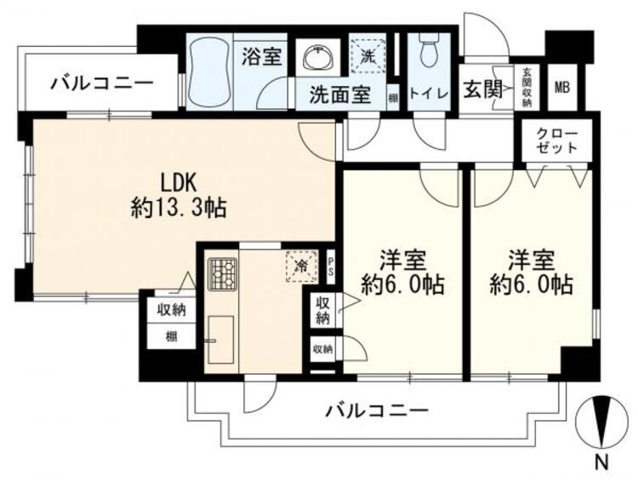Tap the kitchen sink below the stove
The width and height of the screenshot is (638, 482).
coord(220,338)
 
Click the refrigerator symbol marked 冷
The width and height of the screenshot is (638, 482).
coord(300,266)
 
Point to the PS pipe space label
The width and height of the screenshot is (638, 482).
coord(331,266)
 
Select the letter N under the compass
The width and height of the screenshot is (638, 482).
coord(601,463)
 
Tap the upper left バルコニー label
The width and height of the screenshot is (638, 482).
coord(101,83)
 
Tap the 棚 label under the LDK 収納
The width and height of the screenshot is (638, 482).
coord(172,336)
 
